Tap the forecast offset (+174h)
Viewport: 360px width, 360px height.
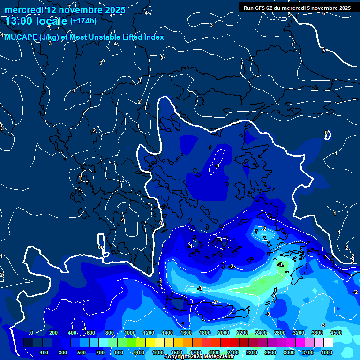pos(83,21)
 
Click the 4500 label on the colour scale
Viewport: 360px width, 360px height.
pos(335,333)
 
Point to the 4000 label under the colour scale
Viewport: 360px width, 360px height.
pos(326,352)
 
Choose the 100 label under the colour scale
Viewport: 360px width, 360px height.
pos(44,352)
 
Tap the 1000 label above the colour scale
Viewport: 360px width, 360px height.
pos(129,333)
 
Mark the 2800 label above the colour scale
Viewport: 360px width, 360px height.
pos(279,333)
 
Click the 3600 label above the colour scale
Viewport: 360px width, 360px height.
pos(317,333)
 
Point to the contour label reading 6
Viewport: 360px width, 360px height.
pos(323,13)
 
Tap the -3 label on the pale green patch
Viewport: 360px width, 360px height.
pos(280,265)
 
